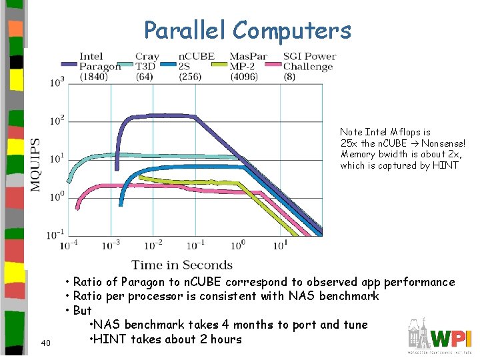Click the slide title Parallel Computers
pyautogui.click(x=247, y=30)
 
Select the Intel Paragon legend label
pyautogui.click(x=100, y=67)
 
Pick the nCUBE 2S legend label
pyautogui.click(x=195, y=67)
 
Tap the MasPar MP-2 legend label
pyautogui.click(x=248, y=67)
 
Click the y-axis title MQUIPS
pyautogui.click(x=35, y=165)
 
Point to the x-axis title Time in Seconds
pyautogui.click(x=182, y=265)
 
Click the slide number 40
pyautogui.click(x=45, y=343)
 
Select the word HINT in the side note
pyautogui.click(x=445, y=165)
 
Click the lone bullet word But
pyautogui.click(x=82, y=311)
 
